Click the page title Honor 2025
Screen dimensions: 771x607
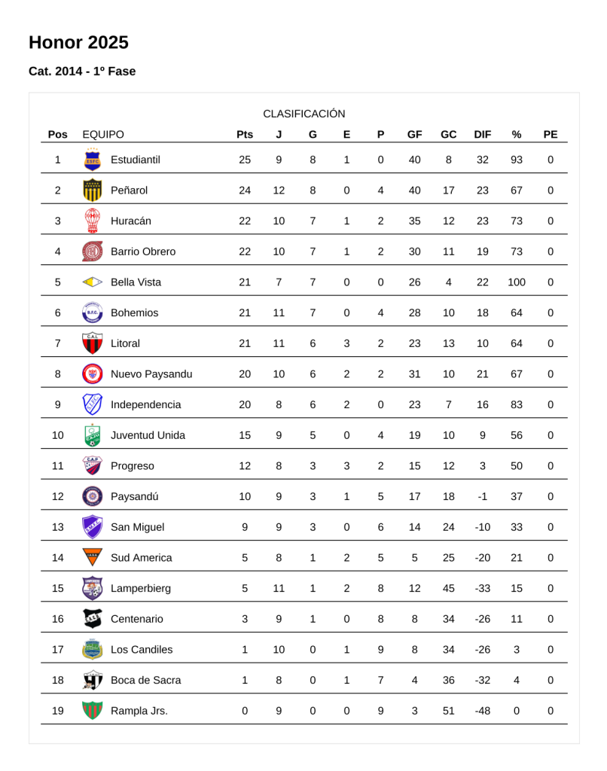(78, 42)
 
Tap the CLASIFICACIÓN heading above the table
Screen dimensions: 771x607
(303, 114)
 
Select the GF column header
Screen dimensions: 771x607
(414, 135)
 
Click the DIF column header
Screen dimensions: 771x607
(482, 135)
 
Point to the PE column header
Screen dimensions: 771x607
(550, 135)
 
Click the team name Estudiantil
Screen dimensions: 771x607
(136, 160)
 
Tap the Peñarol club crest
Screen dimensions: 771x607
(92, 190)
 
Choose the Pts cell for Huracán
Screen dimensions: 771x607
(244, 221)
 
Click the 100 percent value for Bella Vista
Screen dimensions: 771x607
(516, 282)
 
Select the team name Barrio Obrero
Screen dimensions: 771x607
(143, 251)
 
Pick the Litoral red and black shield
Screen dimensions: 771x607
(92, 343)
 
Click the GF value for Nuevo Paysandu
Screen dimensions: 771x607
(414, 374)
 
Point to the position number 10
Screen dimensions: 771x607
(58, 435)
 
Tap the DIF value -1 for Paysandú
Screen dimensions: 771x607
(482, 497)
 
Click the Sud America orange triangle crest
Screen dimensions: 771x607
(92, 558)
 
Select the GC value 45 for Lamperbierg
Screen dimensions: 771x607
(448, 589)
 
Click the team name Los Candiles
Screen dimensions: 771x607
(142, 650)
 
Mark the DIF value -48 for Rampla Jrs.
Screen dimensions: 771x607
(482, 711)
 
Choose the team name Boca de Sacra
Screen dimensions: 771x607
(145, 681)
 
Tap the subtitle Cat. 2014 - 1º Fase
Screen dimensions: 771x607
(82, 72)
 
